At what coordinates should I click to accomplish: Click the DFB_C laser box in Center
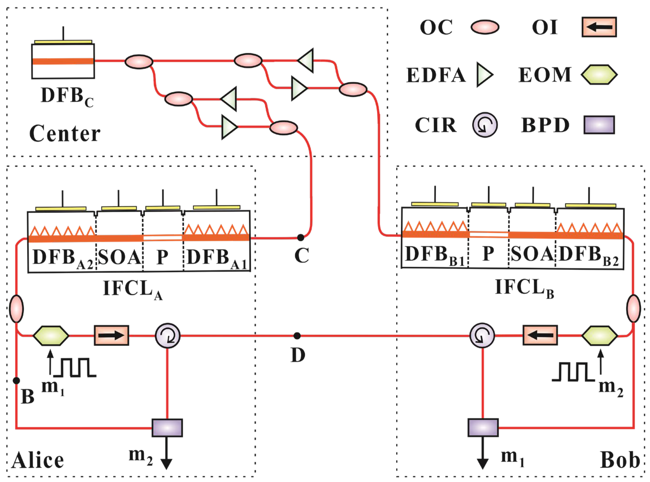[x=63, y=61]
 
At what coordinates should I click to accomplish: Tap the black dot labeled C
[x=301, y=238]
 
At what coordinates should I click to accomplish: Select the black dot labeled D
[x=297, y=336]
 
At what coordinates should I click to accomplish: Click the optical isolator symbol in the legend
[x=599, y=27]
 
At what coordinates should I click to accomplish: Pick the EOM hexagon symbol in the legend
[x=599, y=75]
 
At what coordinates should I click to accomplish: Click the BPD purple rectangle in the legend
[x=599, y=125]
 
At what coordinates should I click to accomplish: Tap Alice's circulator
[x=167, y=336]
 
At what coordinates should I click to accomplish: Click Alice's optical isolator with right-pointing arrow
[x=111, y=336]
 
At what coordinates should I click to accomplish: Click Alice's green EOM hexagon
[x=51, y=336]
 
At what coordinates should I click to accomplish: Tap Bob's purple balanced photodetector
[x=483, y=428]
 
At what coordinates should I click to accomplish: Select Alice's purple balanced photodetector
[x=167, y=428]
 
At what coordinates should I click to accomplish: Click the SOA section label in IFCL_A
[x=119, y=257]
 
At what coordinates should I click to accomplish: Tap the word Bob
[x=620, y=460]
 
